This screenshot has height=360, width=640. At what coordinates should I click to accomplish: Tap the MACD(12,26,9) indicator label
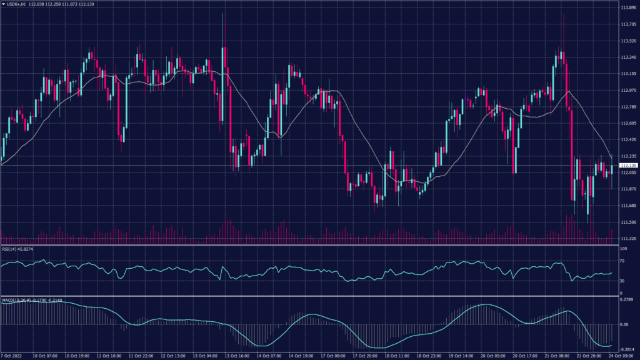click(17, 301)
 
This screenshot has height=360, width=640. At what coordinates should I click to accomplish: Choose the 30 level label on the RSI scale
click(622, 281)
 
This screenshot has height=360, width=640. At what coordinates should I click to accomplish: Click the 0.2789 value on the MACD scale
click(627, 301)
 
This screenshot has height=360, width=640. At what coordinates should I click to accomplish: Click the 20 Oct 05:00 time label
click(492, 356)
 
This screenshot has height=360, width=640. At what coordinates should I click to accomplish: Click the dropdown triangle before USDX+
click(3, 4)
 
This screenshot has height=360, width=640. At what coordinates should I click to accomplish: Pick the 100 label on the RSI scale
click(623, 249)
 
